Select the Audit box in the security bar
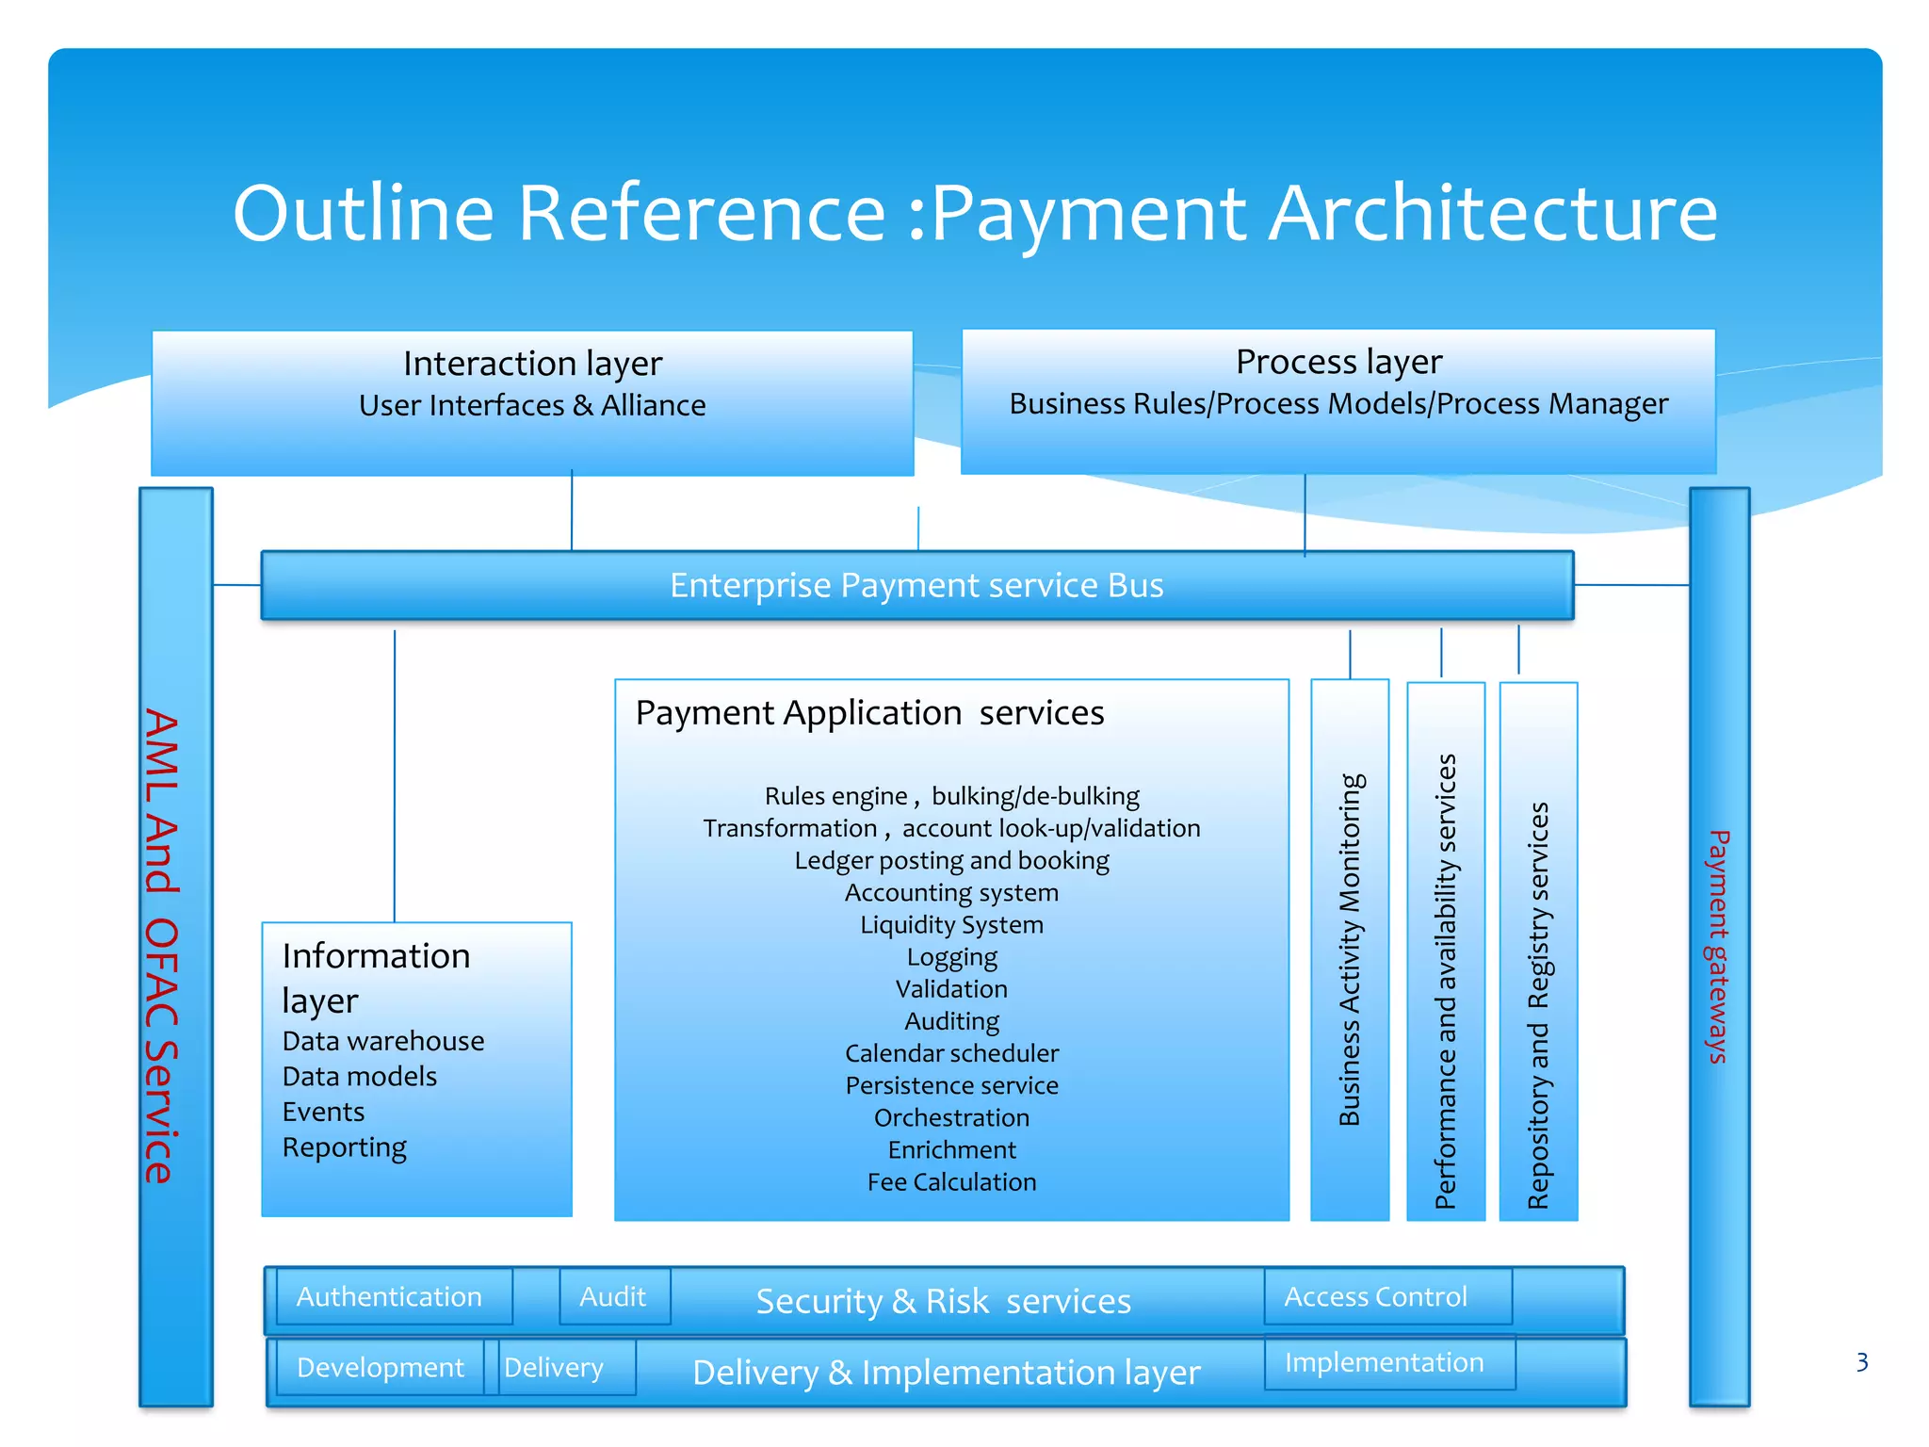(614, 1297)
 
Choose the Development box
(381, 1368)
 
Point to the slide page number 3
(1861, 1362)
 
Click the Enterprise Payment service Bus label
(916, 586)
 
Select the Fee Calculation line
(951, 1182)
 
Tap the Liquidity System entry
(951, 925)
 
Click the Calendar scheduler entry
(951, 1053)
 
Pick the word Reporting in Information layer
(345, 1147)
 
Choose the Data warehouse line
(383, 1041)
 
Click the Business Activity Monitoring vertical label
(1350, 950)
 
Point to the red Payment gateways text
(1719, 946)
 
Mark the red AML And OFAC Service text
(162, 946)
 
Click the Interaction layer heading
(532, 364)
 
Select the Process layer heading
(1338, 362)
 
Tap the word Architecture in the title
(1493, 213)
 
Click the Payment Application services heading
(869, 713)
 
